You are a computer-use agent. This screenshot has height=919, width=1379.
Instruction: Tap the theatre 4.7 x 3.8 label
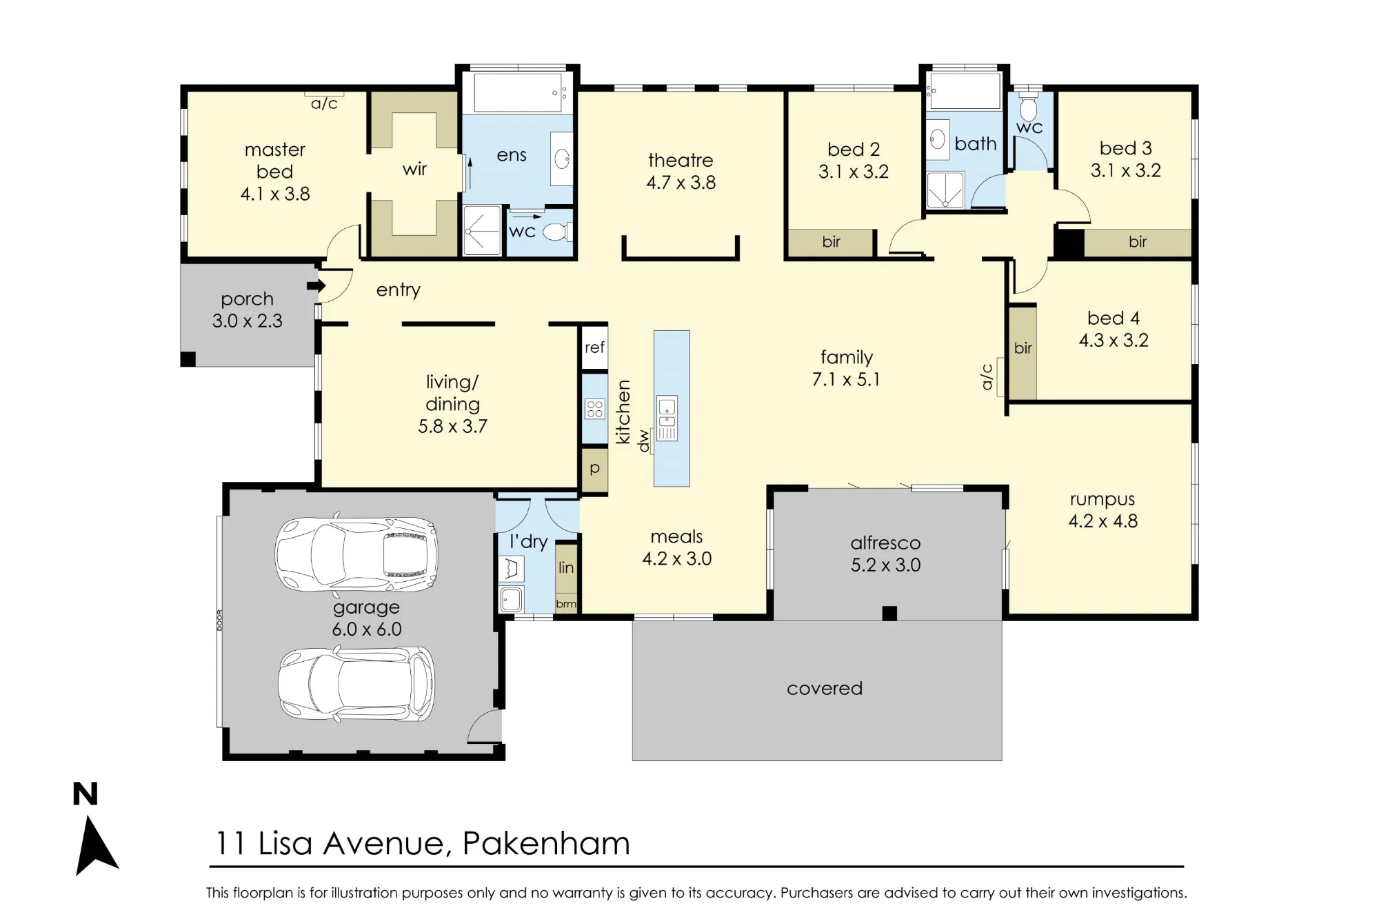click(x=681, y=171)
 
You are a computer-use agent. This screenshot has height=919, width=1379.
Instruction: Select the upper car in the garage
click(x=356, y=554)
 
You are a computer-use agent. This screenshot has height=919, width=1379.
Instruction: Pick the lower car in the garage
click(x=356, y=684)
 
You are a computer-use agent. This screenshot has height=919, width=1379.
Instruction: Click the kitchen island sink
click(x=667, y=418)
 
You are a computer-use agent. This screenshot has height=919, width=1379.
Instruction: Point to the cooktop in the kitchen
click(x=594, y=409)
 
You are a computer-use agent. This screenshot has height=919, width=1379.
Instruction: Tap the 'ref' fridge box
click(x=594, y=347)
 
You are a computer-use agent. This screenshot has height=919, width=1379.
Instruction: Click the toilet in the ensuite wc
click(x=558, y=232)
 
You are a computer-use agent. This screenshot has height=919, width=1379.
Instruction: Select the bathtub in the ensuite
click(x=517, y=92)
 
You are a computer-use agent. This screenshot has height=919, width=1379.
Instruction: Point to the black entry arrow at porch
click(x=316, y=285)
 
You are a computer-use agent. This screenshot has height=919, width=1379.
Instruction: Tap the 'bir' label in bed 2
click(x=831, y=241)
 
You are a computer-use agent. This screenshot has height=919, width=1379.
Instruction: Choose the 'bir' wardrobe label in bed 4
click(x=1023, y=348)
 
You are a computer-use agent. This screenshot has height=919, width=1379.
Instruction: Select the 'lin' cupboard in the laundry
click(x=566, y=568)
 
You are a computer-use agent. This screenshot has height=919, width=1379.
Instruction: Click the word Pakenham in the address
click(x=546, y=843)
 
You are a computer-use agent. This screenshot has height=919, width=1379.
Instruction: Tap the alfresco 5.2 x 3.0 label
click(x=885, y=554)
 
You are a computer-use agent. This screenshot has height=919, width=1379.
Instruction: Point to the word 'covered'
click(x=825, y=688)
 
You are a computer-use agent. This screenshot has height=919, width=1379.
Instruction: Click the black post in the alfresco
click(x=889, y=613)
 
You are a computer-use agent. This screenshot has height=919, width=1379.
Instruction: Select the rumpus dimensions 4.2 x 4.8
click(x=1103, y=521)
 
